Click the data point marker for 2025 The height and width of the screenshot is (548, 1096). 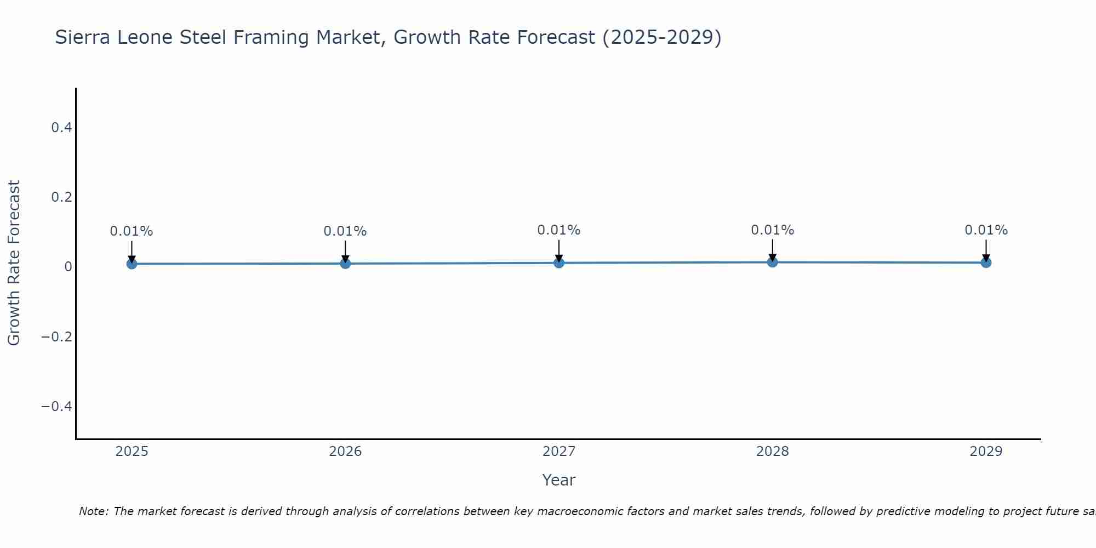click(x=132, y=264)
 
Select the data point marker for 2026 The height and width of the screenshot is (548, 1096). click(x=345, y=264)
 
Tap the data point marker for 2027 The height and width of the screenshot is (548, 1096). click(x=559, y=263)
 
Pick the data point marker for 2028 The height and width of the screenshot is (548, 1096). click(x=773, y=262)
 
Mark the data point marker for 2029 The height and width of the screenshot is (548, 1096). click(x=986, y=262)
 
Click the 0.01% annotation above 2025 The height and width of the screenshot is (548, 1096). click(x=132, y=231)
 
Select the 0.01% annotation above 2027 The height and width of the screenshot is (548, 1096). click(x=559, y=230)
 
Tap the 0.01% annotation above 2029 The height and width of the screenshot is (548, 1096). click(x=986, y=230)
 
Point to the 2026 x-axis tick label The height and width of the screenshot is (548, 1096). click(x=345, y=452)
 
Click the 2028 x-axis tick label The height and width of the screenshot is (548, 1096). click(x=773, y=452)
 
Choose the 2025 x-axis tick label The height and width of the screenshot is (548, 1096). click(x=132, y=452)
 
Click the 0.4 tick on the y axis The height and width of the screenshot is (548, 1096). click(x=61, y=128)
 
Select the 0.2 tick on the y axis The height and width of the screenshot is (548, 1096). click(x=61, y=197)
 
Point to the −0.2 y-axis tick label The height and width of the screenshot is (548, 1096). click(x=57, y=336)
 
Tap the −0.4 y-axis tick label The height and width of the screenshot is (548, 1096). click(x=57, y=406)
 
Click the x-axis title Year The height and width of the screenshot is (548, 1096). click(x=558, y=480)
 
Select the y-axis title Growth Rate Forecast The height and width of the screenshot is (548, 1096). click(x=14, y=262)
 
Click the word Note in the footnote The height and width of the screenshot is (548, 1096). click(x=93, y=511)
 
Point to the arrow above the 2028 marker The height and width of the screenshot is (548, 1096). click(x=773, y=250)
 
